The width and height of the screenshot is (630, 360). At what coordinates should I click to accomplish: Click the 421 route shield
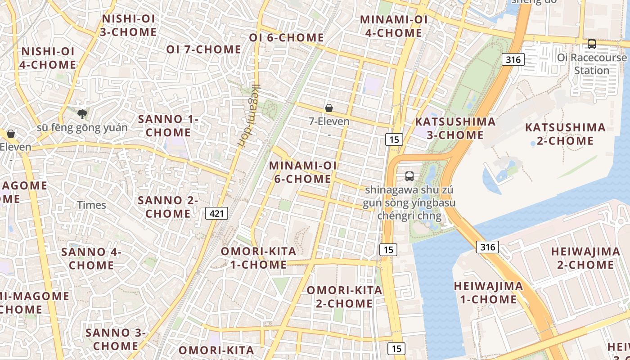(216, 213)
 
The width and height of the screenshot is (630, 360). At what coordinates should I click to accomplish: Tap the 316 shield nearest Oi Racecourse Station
(513, 59)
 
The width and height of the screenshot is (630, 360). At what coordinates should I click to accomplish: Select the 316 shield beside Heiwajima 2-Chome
(487, 247)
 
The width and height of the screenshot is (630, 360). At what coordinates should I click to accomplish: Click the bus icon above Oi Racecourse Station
(591, 44)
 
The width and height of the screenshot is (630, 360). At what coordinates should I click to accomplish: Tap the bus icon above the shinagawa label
(409, 176)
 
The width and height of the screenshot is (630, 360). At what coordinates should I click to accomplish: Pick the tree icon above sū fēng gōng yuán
(82, 114)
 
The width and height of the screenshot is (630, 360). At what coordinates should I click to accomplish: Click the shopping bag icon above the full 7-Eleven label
(329, 108)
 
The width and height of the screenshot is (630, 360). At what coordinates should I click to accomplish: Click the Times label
(91, 205)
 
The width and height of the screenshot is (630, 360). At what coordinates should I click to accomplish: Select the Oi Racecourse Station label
(591, 64)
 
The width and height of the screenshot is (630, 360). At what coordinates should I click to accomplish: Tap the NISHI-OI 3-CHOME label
(129, 25)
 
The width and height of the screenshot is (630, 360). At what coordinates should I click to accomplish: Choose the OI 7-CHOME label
(203, 49)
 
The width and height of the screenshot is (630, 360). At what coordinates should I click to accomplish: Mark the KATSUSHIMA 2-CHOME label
(565, 134)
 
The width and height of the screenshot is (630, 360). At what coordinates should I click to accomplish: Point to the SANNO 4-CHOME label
(91, 258)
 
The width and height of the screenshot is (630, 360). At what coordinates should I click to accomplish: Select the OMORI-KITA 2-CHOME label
(344, 297)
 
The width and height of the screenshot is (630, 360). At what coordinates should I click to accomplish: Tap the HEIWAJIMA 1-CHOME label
(488, 292)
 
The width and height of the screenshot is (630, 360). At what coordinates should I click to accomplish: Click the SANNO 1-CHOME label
(168, 126)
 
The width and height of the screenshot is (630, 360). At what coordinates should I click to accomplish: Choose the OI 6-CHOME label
(287, 37)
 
